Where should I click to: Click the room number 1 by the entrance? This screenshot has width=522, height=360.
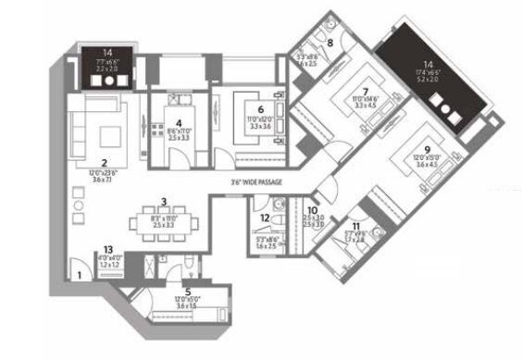pyautogui.click(x=81, y=274)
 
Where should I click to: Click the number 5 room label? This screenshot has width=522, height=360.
pyautogui.click(x=187, y=292)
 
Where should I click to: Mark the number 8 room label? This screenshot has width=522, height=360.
pyautogui.click(x=330, y=43)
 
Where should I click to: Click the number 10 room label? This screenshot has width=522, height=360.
pyautogui.click(x=312, y=210)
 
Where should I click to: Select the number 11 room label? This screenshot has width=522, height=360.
pyautogui.click(x=356, y=227)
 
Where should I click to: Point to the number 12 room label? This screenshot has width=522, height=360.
pyautogui.click(x=265, y=218)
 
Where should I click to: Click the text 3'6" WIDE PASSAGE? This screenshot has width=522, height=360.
pyautogui.click(x=256, y=194)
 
